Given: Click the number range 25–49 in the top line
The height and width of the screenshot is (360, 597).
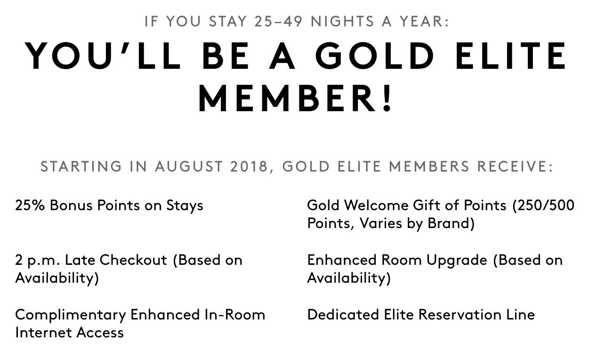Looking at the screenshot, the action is click(x=279, y=21).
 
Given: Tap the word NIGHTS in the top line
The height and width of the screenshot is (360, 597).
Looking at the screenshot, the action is click(x=342, y=21).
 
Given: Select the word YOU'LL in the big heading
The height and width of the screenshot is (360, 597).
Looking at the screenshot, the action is click(x=103, y=56).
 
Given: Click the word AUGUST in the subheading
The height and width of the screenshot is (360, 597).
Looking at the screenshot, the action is click(x=189, y=166).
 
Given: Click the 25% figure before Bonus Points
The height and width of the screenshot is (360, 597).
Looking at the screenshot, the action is click(x=30, y=205).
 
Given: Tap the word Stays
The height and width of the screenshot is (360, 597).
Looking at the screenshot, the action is click(x=185, y=206).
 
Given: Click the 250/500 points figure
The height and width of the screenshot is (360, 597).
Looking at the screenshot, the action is click(x=543, y=205).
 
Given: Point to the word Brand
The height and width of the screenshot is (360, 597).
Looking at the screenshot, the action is click(x=451, y=223).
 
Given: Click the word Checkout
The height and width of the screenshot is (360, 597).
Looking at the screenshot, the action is click(x=133, y=260).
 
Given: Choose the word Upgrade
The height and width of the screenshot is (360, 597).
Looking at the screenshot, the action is click(x=457, y=261).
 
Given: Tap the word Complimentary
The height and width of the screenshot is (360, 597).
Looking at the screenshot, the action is click(x=71, y=315).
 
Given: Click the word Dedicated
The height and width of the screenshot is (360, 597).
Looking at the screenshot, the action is click(x=343, y=315).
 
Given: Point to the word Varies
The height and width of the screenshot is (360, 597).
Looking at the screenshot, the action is click(x=380, y=223).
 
